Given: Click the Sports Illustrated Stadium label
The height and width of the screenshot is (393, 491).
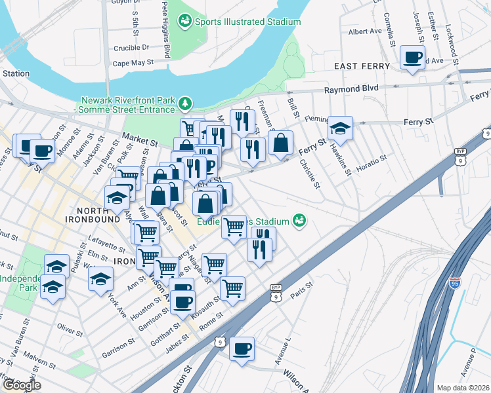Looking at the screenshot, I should tap(247, 22).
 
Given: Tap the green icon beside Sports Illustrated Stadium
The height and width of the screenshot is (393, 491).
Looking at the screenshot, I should tap(186, 22).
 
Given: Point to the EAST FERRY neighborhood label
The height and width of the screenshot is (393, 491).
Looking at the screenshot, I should tap(362, 66).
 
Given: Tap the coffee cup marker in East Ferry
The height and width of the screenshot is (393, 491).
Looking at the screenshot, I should tap(412, 58).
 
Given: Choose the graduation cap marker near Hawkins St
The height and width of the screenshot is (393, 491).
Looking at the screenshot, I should tap(340, 128).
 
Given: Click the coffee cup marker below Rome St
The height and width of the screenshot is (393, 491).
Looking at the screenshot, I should tap(242, 348).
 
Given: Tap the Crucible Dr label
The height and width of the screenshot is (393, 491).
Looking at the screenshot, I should tap(131, 47).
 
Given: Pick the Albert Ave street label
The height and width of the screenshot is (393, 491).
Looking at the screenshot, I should tap(365, 31).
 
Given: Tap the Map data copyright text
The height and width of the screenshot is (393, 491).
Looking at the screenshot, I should tap(463, 388).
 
